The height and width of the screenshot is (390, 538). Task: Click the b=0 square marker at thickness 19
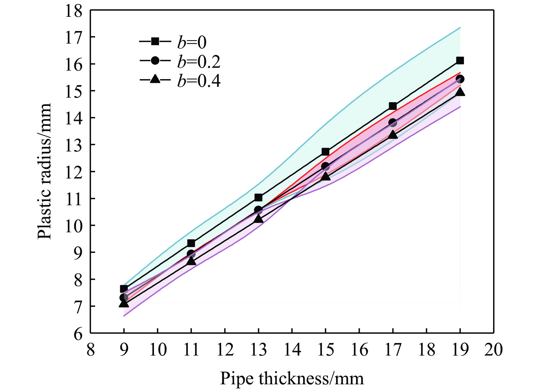[x=460, y=60]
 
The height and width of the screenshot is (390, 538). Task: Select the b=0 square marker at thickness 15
[x=326, y=151]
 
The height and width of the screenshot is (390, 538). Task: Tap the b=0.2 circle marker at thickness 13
[x=258, y=210]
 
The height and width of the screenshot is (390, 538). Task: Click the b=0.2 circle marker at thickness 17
[x=393, y=123]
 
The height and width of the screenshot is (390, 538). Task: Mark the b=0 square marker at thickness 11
[x=191, y=243]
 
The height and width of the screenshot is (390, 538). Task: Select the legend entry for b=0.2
[x=180, y=61]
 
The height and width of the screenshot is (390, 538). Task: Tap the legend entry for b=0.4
[x=180, y=81]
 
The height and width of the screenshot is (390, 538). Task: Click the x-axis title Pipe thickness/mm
[x=292, y=378]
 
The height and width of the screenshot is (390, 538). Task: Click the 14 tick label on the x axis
[x=292, y=350]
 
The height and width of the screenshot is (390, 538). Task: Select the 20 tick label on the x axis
[x=494, y=350]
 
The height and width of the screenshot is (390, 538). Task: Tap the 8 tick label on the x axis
[x=91, y=350]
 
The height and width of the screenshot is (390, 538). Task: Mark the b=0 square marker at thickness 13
[x=258, y=198]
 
